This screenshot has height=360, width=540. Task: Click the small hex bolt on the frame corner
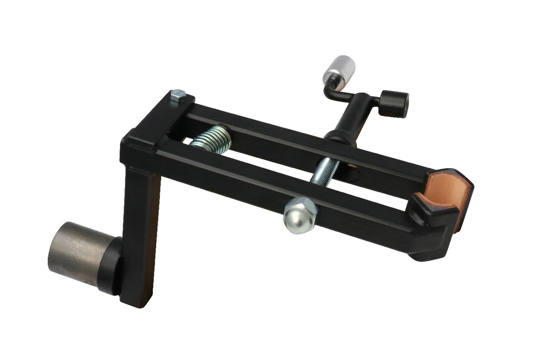click(x=178, y=95)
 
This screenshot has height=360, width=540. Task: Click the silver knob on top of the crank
click(x=339, y=69)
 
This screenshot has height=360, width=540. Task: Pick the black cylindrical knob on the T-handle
click(x=393, y=103)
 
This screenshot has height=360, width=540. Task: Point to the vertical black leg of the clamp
click(x=138, y=232)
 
